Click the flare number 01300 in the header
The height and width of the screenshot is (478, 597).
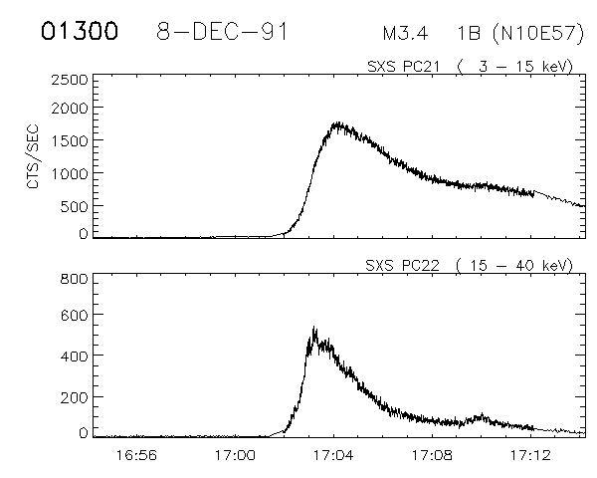pyautogui.click(x=79, y=31)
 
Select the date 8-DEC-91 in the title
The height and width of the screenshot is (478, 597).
pyautogui.click(x=223, y=31)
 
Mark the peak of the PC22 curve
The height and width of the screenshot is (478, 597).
pyautogui.click(x=313, y=328)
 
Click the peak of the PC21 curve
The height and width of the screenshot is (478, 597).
pyautogui.click(x=338, y=123)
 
